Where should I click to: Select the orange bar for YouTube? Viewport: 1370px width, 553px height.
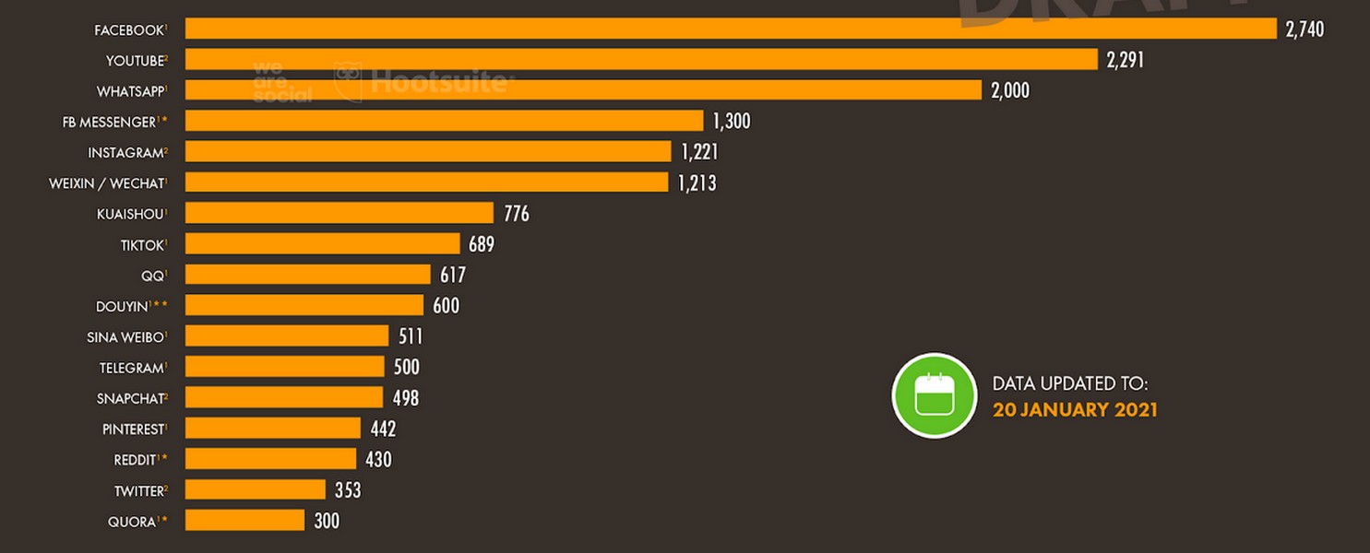coord(641,60)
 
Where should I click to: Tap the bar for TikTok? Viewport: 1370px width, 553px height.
coord(322,244)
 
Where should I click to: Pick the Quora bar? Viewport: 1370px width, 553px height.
coord(244,521)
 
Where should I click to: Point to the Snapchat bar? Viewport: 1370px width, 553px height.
coord(284,397)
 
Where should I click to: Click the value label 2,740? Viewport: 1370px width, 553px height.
coord(1304,29)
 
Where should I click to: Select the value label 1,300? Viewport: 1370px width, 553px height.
coord(732,121)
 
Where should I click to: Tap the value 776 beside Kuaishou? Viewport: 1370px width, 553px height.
coord(517,214)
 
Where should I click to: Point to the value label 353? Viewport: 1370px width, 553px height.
coord(348,490)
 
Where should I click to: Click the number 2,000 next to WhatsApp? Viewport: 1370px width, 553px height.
coord(1010,90)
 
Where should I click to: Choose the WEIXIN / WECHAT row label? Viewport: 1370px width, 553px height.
coord(106,183)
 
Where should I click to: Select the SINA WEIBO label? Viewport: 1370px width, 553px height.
coord(125,337)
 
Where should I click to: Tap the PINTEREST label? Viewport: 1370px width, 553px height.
coord(133,429)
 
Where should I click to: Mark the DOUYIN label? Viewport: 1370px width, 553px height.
coord(122,306)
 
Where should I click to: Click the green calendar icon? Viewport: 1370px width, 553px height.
coord(934,394)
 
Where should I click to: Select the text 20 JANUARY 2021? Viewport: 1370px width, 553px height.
coord(1075,409)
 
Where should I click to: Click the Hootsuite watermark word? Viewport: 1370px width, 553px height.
coord(438,83)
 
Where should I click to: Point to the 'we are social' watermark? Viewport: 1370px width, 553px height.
coord(281,82)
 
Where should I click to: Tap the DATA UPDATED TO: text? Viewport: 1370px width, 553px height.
coord(1070,383)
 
